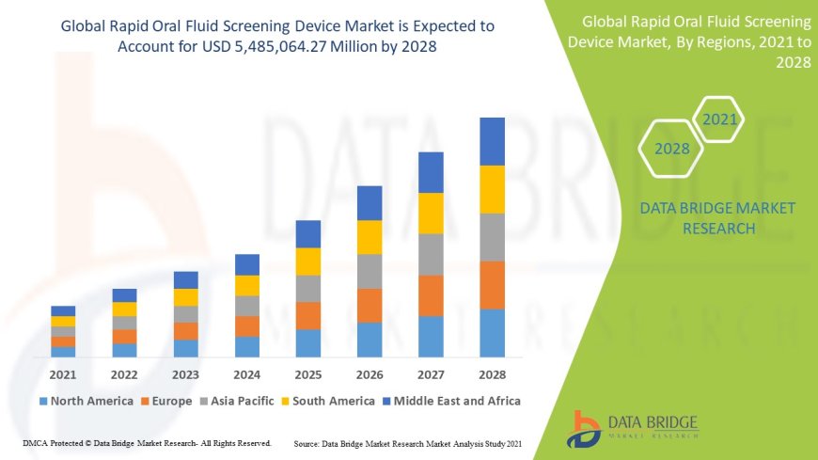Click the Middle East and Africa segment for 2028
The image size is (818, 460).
[492, 141]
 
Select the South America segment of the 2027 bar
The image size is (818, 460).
[431, 214]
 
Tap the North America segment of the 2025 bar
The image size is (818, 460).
[308, 343]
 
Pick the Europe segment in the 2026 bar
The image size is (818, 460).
[370, 306]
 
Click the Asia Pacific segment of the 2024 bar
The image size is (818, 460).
[247, 306]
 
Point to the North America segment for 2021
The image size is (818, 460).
[63, 352]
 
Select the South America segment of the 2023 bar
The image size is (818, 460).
[186, 297]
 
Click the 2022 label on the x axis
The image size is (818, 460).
[124, 374]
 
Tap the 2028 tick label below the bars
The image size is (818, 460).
[492, 374]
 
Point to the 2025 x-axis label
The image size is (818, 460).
[308, 374]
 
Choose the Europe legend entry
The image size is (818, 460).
[168, 401]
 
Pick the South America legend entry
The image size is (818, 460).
[329, 401]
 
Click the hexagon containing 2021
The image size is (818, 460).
[719, 119]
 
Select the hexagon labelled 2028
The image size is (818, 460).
[672, 149]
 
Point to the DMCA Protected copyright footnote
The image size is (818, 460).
[147, 442]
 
